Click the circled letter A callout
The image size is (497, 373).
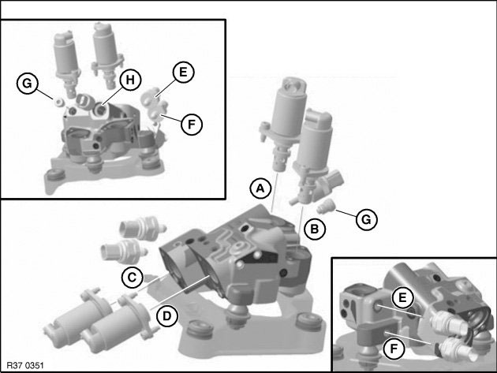point(260,188)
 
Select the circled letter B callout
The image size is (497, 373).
point(315,229)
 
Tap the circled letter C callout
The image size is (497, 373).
point(133,278)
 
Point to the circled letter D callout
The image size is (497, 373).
point(166,316)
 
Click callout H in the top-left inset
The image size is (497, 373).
point(130,80)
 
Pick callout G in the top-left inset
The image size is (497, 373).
point(28,84)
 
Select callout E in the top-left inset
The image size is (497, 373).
point(183,73)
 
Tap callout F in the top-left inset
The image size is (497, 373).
point(192,125)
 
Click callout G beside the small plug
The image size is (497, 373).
point(366,219)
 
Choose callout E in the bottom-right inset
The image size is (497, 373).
point(402,297)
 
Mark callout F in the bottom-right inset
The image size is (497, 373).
point(394,349)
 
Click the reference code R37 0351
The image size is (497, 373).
point(25,365)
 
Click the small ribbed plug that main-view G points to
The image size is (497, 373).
point(324,206)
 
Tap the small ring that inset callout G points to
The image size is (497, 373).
point(58,102)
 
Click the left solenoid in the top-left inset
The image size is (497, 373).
point(66,60)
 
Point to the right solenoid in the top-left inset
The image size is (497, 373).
point(106,54)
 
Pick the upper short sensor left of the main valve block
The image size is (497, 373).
point(142,227)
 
